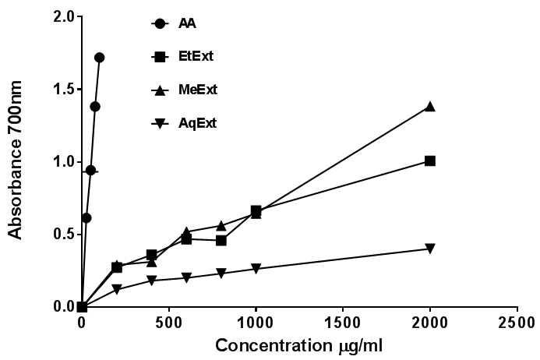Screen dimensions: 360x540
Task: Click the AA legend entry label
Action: [x=187, y=23]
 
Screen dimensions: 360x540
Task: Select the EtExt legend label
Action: [x=196, y=56]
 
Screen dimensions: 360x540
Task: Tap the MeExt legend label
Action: [x=197, y=90]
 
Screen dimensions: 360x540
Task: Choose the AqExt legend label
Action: [x=196, y=122]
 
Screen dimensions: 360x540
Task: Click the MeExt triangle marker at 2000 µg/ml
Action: [x=429, y=107]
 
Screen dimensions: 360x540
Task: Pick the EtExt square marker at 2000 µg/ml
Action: [x=429, y=161]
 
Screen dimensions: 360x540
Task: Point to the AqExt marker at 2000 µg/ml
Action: [x=429, y=249]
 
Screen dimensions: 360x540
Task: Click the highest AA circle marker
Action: [x=99, y=58]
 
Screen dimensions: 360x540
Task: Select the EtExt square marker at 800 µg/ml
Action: [x=221, y=240]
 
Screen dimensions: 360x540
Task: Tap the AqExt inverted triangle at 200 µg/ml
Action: [x=117, y=290]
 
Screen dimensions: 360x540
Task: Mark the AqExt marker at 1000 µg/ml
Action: [x=256, y=269]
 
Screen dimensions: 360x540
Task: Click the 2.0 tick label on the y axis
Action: [x=63, y=16]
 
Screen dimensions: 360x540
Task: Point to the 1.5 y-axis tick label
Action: [x=63, y=89]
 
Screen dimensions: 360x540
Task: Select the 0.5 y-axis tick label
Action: [x=63, y=235]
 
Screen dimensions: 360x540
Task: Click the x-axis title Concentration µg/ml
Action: [x=298, y=345]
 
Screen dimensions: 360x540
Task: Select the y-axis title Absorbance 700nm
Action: [x=15, y=161]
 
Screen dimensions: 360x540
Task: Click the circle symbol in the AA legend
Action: [x=160, y=23]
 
